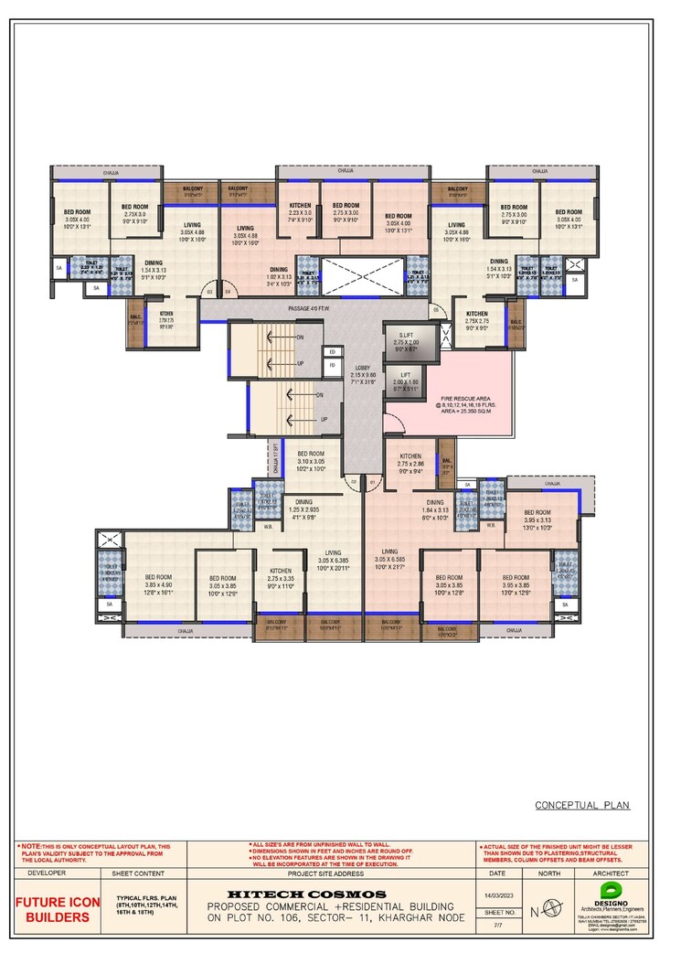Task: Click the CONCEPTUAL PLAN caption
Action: pyautogui.click(x=582, y=806)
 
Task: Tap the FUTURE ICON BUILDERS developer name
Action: pyautogui.click(x=59, y=909)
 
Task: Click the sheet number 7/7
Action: pyautogui.click(x=498, y=926)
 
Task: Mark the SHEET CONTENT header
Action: pyautogui.click(x=138, y=873)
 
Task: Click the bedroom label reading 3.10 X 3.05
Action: pyautogui.click(x=311, y=460)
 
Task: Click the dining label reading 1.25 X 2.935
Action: pyautogui.click(x=303, y=508)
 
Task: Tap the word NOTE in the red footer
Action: pyautogui.click(x=30, y=846)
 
